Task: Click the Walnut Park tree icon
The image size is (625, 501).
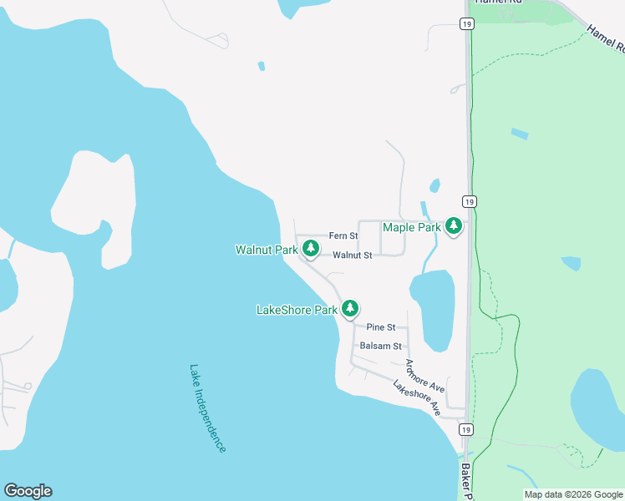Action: click(310, 248)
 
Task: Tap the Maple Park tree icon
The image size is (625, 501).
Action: click(454, 225)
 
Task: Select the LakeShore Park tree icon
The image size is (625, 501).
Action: click(350, 308)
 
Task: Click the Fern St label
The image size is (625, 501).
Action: click(343, 236)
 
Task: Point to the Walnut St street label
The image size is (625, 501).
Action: click(352, 256)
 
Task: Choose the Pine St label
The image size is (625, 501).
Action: click(380, 328)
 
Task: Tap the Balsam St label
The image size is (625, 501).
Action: click(380, 346)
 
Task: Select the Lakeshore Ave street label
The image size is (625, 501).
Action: click(416, 399)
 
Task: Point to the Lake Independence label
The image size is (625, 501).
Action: click(207, 408)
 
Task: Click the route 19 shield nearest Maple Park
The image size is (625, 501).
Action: click(470, 202)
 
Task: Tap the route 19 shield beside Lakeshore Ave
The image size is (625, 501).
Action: click(466, 429)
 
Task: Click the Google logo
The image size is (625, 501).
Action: click(28, 491)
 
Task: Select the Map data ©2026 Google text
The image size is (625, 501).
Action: click(573, 494)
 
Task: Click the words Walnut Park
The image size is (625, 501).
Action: click(267, 250)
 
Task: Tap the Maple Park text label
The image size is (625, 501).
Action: click(411, 227)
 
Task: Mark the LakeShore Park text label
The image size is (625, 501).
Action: click(297, 310)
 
